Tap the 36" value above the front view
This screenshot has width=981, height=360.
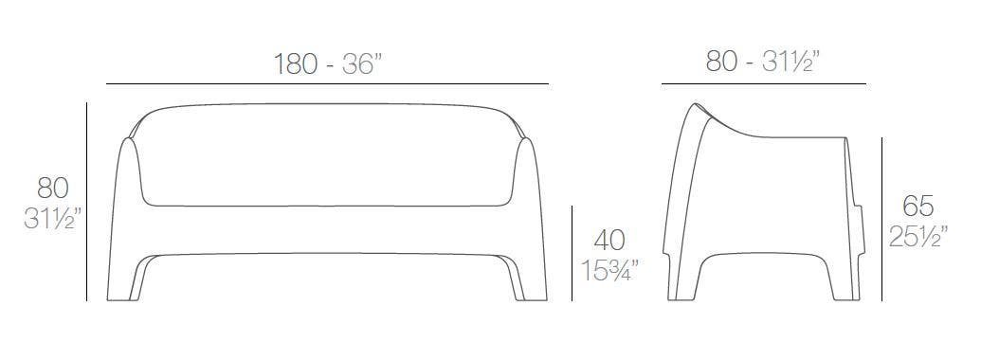coord(359,64)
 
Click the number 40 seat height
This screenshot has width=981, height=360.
coord(609,240)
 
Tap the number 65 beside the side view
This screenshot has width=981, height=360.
coord(917,206)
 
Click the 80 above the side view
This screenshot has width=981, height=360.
coord(724,62)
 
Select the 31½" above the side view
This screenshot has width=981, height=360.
coord(790,62)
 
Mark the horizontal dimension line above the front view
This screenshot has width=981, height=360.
coord(327,84)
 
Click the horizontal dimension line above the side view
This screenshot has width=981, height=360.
coord(763,84)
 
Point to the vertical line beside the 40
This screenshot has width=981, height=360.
coord(572,253)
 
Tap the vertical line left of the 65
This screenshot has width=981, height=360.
coord(883,218)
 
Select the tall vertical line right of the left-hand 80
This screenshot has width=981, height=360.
coord(86,201)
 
